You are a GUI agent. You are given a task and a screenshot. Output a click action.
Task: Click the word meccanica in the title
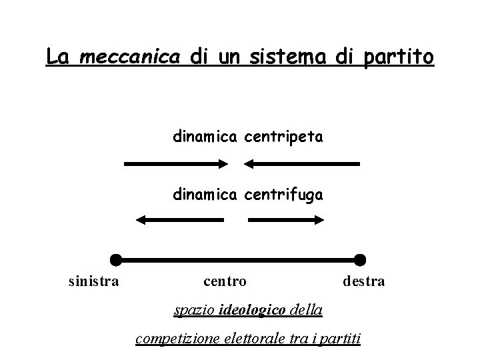click(x=129, y=57)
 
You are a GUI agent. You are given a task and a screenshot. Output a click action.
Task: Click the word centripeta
click(x=284, y=137)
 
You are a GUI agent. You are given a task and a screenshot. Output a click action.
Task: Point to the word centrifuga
click(x=284, y=195)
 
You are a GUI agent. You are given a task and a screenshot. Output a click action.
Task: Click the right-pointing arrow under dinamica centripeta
click(x=177, y=163)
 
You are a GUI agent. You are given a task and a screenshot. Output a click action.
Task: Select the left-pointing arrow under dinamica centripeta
click(x=301, y=163)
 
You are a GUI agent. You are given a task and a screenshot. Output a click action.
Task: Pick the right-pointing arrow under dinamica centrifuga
click(x=285, y=220)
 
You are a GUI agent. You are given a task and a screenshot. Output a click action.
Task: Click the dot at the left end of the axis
click(x=116, y=259)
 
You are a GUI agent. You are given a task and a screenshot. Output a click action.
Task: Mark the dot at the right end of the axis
click(x=360, y=259)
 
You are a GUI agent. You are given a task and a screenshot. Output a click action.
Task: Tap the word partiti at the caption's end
click(x=340, y=339)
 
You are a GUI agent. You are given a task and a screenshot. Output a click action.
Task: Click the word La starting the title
click(x=58, y=57)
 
